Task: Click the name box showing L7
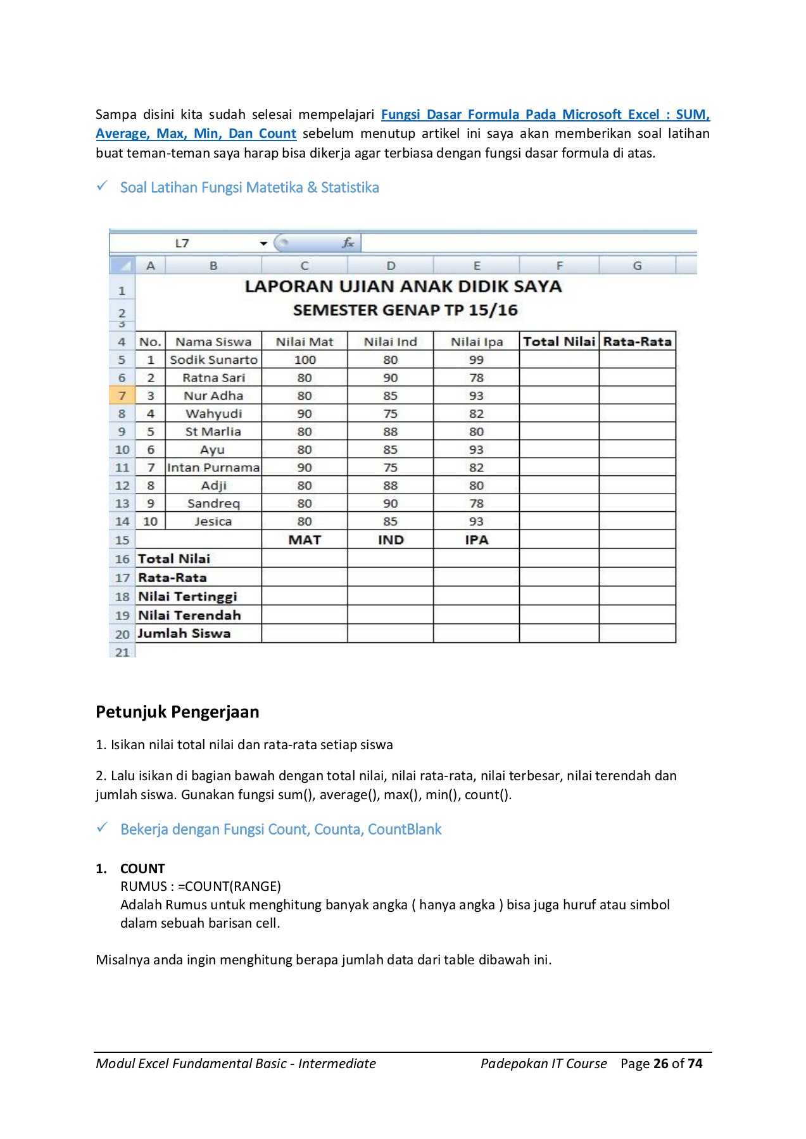[182, 243]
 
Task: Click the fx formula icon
[348, 243]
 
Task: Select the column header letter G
[637, 266]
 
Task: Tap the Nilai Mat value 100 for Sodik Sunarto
[305, 359]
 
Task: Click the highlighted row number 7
[122, 395]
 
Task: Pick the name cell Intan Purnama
[213, 468]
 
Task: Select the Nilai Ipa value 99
[476, 359]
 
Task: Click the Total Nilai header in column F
[559, 342]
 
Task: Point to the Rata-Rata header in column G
[637, 342]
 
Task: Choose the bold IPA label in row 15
[476, 540]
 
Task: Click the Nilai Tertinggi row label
[187, 596]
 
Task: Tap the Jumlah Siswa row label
[184, 633]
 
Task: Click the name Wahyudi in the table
[213, 414]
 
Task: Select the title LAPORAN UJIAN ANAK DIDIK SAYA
[403, 287]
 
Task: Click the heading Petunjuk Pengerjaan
[177, 712]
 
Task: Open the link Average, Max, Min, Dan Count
[196, 134]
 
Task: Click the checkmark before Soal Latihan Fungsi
[102, 186]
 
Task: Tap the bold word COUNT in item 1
[142, 868]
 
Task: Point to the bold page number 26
[661, 1063]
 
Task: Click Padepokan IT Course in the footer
[543, 1063]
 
